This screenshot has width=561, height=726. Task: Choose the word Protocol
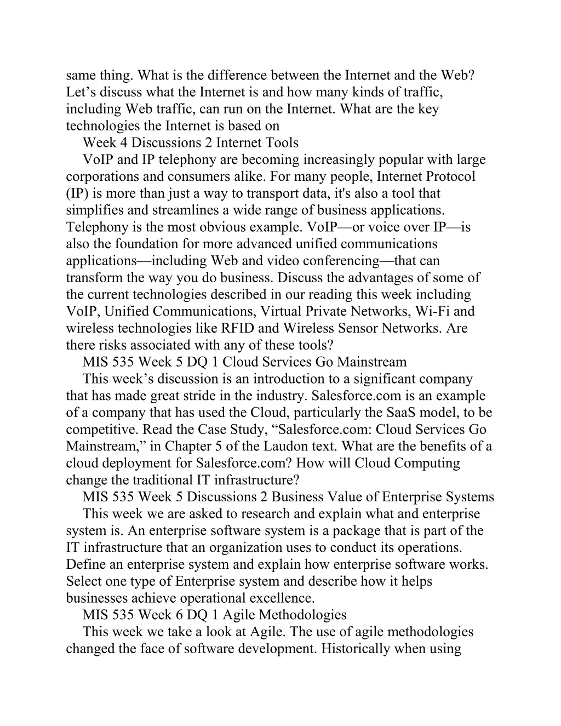[449, 177]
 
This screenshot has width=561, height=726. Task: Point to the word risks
[103, 345]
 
